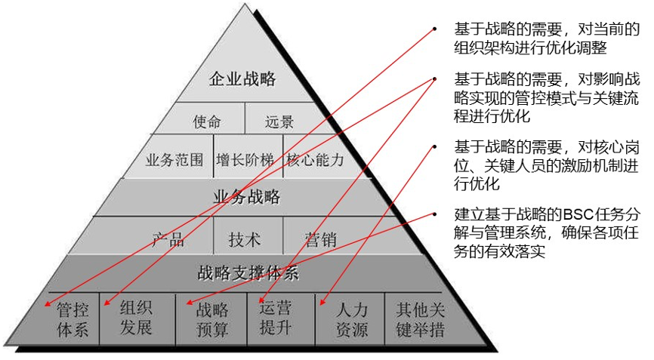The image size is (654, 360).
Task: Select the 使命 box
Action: click(x=207, y=121)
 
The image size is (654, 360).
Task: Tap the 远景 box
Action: click(x=279, y=121)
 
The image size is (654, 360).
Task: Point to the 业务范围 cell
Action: click(x=174, y=160)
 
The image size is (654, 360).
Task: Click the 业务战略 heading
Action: click(x=248, y=198)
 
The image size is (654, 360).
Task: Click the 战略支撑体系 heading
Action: click(x=248, y=272)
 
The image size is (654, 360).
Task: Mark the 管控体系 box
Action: click(x=72, y=319)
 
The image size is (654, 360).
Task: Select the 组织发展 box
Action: click(x=136, y=318)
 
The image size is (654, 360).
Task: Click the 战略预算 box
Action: click(x=212, y=319)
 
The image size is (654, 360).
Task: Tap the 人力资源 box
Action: click(x=351, y=319)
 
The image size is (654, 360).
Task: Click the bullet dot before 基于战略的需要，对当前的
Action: click(x=434, y=29)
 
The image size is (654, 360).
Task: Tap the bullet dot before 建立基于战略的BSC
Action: click(x=434, y=214)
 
